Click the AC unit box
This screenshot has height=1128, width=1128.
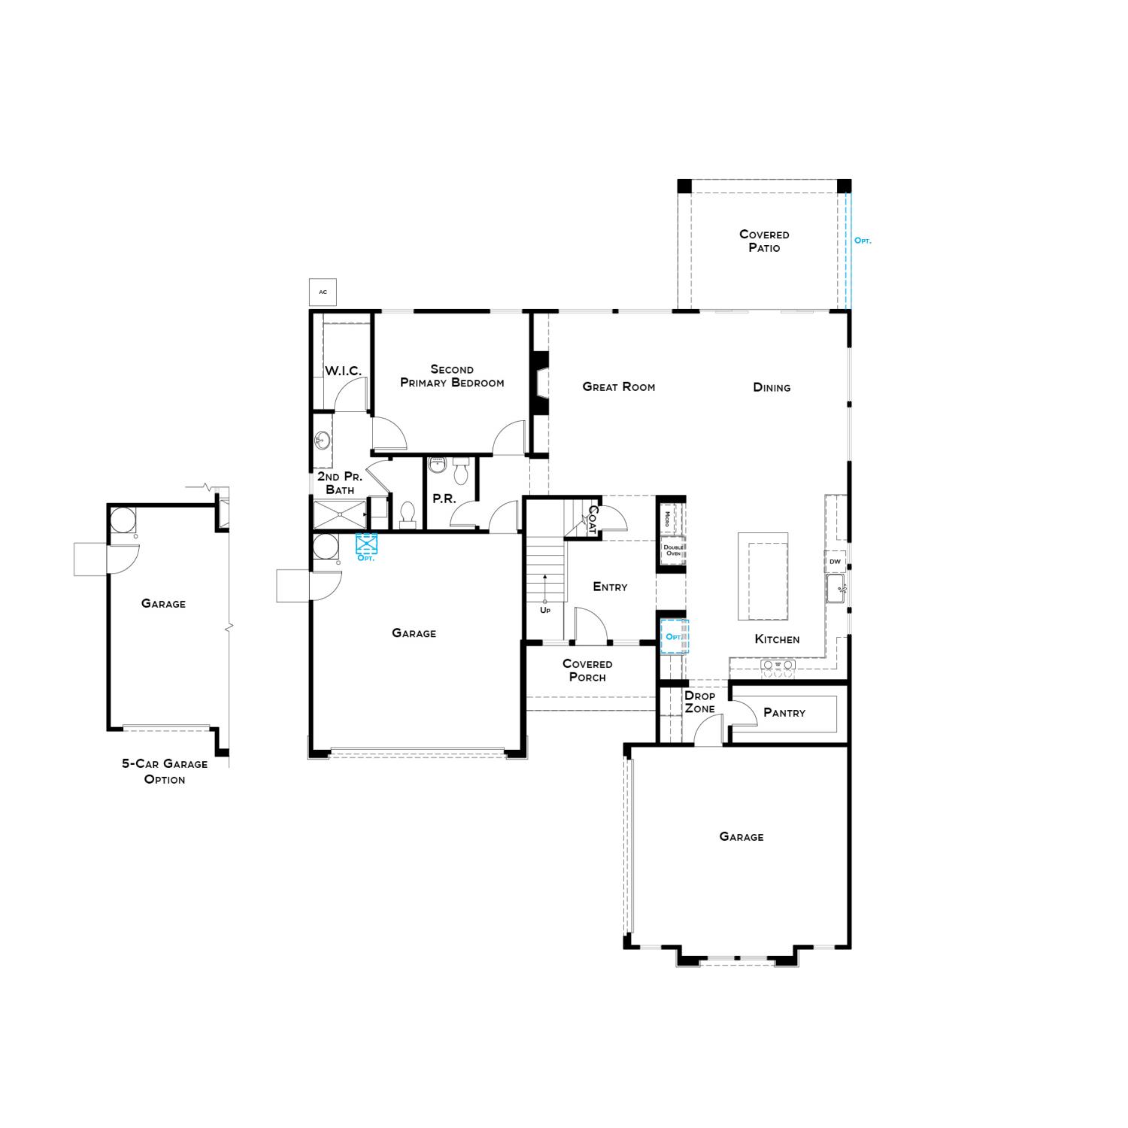323,292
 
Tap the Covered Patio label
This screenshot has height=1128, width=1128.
764,241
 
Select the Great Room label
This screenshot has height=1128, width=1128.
618,387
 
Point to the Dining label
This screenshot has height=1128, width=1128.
772,388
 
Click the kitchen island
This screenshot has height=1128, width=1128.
763,577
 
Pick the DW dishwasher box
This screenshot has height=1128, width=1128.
835,562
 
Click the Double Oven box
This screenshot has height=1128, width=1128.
672,550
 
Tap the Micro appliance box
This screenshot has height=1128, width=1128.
667,518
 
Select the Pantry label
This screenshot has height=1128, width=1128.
784,713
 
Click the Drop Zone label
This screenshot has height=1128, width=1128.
699,702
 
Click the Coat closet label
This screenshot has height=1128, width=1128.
593,520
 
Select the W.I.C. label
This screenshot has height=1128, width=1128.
343,371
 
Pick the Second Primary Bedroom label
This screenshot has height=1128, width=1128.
452,376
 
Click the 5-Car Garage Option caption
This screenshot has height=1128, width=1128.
165,772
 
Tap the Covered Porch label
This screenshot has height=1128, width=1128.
587,671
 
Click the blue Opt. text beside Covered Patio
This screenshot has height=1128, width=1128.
863,241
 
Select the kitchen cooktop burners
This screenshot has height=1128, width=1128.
778,666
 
